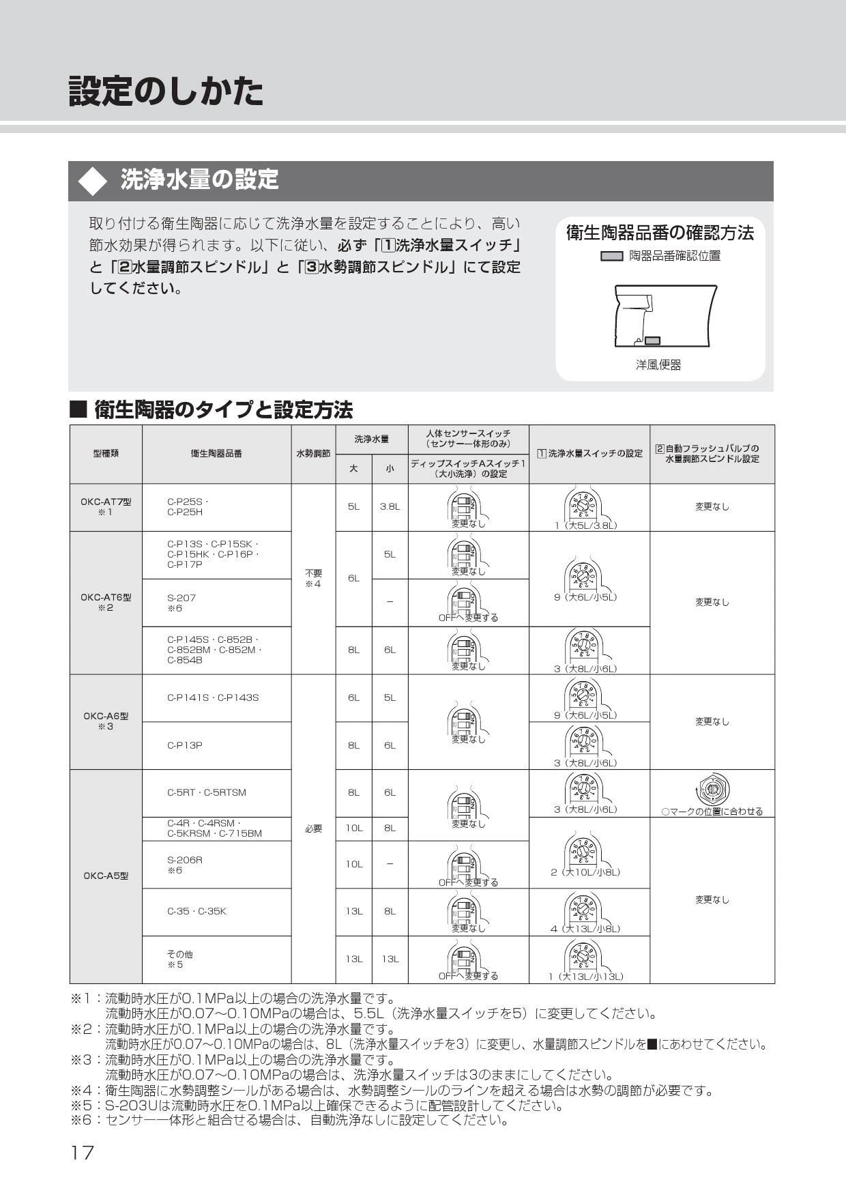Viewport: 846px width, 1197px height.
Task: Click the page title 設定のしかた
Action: (x=166, y=91)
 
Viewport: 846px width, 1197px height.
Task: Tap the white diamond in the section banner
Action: (x=93, y=182)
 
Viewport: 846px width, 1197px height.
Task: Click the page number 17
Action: (x=82, y=1153)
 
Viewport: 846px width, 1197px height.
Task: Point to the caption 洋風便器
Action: (x=658, y=365)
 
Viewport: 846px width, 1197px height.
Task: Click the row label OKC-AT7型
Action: (x=106, y=502)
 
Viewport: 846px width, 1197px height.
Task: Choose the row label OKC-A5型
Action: (x=106, y=876)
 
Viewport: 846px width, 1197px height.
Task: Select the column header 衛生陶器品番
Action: (x=216, y=454)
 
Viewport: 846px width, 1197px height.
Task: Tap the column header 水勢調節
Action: (x=313, y=454)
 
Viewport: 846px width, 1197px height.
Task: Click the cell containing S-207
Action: (x=181, y=598)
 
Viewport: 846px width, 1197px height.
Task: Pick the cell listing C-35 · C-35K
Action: (x=196, y=911)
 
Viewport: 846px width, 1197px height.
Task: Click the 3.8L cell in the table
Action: (x=390, y=507)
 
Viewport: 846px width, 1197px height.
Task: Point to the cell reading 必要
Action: (x=313, y=828)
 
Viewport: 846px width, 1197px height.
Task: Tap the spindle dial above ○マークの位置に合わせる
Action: (x=712, y=790)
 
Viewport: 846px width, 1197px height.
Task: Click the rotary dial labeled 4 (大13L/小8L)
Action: (x=585, y=907)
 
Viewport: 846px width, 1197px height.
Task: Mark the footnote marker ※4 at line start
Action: (x=81, y=1091)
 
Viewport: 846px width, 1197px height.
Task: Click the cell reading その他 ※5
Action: (x=179, y=960)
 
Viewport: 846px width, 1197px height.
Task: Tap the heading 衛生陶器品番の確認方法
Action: (x=660, y=233)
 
